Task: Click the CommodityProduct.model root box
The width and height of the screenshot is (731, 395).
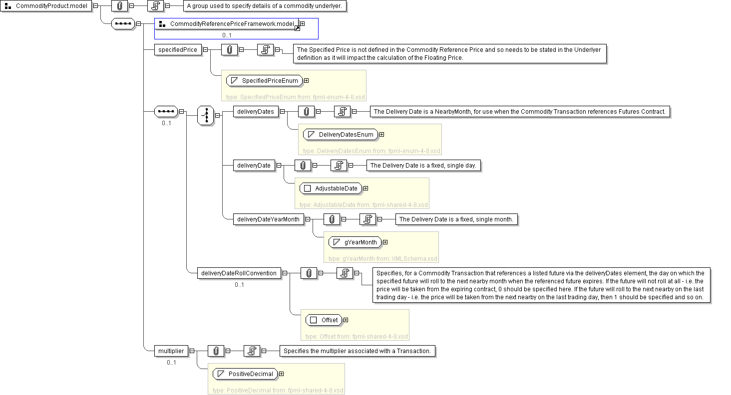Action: tap(47, 6)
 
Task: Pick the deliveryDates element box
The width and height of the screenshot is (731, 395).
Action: tap(256, 112)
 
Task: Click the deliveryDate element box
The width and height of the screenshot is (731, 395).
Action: tap(254, 166)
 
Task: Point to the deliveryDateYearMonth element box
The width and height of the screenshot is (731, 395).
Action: tap(268, 219)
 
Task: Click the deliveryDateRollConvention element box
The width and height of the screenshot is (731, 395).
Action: tap(238, 273)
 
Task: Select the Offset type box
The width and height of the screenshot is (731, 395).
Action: tap(324, 320)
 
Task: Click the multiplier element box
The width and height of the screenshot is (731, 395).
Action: tap(171, 351)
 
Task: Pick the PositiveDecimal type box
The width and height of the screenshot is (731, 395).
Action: tap(245, 374)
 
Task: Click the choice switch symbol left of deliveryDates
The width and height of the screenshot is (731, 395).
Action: tap(206, 115)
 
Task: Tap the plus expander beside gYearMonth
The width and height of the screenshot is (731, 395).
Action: tap(385, 242)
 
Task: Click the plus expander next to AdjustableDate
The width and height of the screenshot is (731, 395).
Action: tap(365, 189)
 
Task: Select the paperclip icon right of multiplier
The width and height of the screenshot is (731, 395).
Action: tap(216, 351)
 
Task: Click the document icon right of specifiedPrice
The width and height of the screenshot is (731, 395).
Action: tap(265, 50)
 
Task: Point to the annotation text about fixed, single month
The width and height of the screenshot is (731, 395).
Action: tap(456, 219)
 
